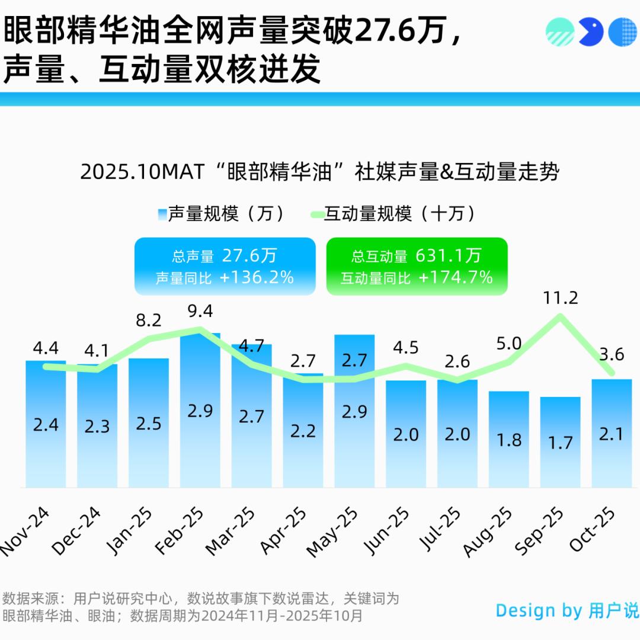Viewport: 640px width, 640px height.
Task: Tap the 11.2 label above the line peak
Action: coord(560,297)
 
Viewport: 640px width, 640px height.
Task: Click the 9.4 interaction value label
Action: coord(200,311)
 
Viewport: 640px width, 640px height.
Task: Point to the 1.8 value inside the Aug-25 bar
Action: coord(508,440)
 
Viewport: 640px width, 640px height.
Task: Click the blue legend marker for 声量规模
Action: coord(162,214)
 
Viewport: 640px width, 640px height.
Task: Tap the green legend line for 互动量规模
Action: coord(315,214)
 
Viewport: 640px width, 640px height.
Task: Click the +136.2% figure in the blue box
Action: coord(257,277)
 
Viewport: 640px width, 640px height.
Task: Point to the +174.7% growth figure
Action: coord(456,277)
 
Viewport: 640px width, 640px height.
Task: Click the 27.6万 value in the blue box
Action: coord(249,255)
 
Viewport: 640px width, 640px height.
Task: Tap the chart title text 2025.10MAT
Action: coord(142,172)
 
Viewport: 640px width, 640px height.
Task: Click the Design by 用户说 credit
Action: coord(567,610)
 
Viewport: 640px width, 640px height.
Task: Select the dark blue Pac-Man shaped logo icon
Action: coord(590,31)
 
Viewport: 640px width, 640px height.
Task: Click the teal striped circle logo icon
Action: coord(560,31)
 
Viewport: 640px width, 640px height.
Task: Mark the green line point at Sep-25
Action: coord(560,315)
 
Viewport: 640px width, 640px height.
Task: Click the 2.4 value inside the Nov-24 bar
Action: coord(46,424)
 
